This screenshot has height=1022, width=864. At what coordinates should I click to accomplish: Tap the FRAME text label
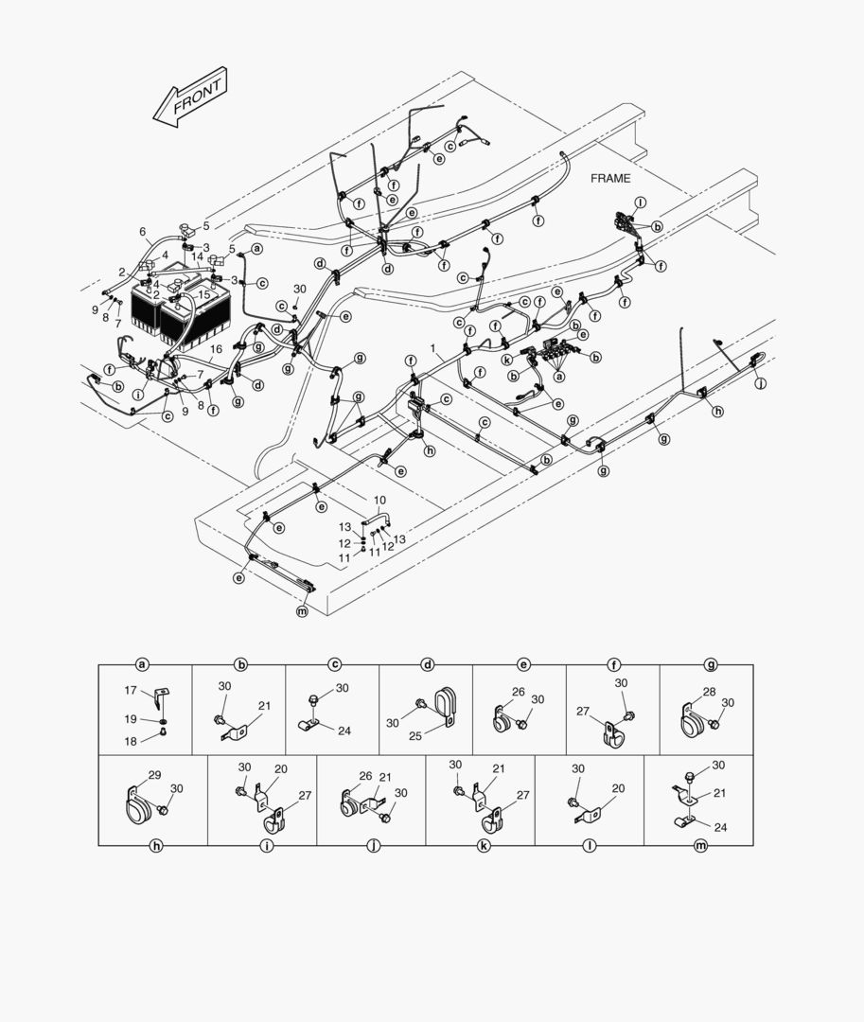(x=610, y=178)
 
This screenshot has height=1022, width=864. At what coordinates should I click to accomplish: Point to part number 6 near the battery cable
(x=143, y=232)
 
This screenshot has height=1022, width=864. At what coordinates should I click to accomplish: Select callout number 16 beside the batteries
(x=217, y=350)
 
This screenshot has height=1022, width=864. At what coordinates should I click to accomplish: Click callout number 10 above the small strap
(x=379, y=501)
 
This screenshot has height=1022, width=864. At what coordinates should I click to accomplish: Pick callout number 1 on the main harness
(x=433, y=348)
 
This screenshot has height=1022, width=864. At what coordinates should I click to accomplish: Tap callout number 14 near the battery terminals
(x=198, y=257)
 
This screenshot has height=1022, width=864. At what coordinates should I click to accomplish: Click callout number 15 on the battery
(x=204, y=295)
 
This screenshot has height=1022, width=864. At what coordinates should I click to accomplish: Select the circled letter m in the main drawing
(x=302, y=612)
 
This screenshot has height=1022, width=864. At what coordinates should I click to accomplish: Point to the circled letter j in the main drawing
(x=761, y=384)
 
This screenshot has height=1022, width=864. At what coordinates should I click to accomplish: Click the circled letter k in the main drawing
(x=506, y=360)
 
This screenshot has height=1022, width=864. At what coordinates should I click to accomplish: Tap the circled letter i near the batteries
(x=138, y=395)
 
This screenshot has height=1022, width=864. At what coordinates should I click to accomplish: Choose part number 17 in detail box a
(x=131, y=690)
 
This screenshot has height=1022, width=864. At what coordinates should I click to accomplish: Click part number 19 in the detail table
(x=131, y=719)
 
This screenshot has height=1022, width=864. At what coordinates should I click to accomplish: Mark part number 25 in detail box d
(x=415, y=736)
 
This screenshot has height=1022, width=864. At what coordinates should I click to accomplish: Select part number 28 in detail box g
(x=709, y=692)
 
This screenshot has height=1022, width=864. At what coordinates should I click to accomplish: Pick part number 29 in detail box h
(x=154, y=775)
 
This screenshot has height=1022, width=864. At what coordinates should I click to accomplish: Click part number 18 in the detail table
(x=131, y=741)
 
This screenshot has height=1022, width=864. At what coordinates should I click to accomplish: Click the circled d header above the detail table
(x=428, y=665)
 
